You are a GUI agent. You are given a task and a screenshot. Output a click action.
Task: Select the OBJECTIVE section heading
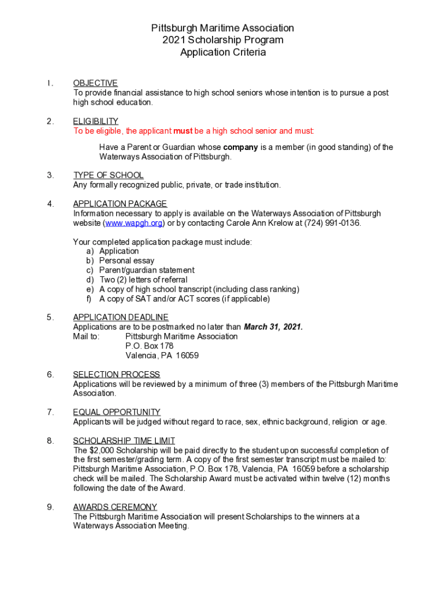pos(95,83)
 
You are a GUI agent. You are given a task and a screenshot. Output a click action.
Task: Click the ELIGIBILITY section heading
pos(96,121)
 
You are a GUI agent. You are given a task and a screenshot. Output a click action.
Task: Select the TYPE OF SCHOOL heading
pos(108,175)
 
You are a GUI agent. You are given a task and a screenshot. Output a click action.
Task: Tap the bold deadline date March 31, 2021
pos(273,327)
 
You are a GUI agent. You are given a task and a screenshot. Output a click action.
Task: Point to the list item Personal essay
pos(127,261)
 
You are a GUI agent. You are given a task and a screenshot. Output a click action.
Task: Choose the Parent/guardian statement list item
pos(147,270)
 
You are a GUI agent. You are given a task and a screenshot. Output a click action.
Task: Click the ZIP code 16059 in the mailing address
pos(187,355)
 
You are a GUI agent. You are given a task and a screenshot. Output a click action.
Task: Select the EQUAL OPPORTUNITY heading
pos(116,412)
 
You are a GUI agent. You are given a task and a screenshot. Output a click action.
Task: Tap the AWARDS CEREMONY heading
pos(115,507)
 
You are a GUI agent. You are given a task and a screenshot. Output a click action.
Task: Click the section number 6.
pos(51,375)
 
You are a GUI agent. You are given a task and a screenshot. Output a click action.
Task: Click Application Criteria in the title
pos(223,53)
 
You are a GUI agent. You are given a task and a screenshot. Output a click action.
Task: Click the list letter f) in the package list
pos(89,299)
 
